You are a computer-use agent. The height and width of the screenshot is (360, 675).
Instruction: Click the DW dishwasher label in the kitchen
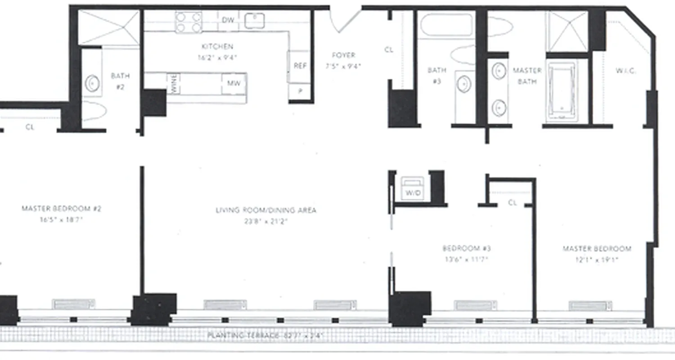click(227, 20)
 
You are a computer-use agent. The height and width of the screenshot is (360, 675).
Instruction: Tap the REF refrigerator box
click(300, 66)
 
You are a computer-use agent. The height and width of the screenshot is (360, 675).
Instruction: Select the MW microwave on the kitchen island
click(233, 83)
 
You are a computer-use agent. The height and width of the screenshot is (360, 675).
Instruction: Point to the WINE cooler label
click(173, 84)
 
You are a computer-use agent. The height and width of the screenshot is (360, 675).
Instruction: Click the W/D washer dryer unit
click(413, 189)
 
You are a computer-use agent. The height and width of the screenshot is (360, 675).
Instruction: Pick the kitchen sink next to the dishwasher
click(254, 20)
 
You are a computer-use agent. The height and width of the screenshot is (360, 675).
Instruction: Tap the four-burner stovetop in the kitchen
click(188, 22)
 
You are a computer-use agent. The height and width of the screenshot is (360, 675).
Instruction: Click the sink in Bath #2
click(93, 84)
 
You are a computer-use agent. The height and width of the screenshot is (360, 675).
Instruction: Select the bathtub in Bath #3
click(447, 25)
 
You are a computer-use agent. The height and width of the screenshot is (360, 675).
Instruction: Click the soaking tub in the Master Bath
click(561, 90)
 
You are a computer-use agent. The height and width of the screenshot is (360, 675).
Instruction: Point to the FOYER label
click(343, 55)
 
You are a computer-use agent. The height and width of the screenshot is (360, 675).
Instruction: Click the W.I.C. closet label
click(625, 71)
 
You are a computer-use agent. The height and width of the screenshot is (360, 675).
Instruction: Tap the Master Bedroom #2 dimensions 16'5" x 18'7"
click(61, 220)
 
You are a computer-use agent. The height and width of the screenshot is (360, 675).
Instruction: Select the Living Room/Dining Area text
click(265, 210)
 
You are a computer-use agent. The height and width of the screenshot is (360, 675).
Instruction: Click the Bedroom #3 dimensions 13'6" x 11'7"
click(466, 260)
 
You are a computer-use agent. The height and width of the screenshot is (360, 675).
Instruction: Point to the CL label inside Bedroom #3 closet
click(512, 203)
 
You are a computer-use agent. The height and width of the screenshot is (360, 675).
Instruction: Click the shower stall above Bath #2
click(109, 27)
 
